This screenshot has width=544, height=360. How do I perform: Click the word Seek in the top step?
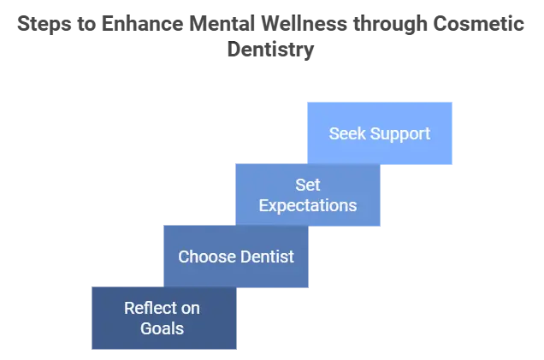tap(346, 134)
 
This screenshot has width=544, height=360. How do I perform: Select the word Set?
tap(308, 185)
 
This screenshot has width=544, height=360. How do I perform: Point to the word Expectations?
tap(308, 205)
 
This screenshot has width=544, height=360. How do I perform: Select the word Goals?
tap(163, 328)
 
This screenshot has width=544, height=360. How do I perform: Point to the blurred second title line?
tap(271, 52)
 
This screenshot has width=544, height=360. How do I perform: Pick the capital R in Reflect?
tap(129, 308)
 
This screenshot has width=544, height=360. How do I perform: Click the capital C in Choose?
tap(183, 257)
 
